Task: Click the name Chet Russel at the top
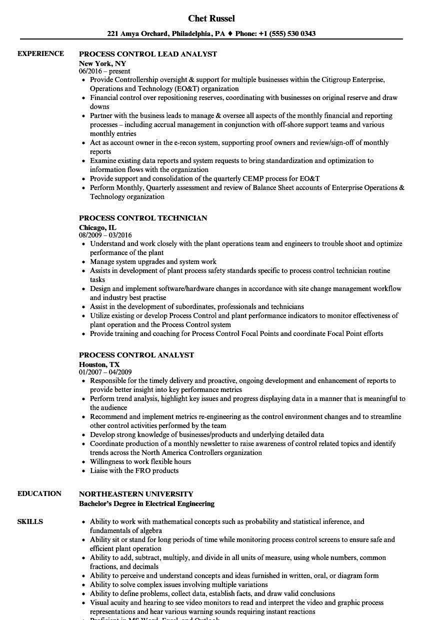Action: (211, 18)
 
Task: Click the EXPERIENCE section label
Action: (40, 53)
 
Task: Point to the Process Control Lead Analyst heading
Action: (148, 53)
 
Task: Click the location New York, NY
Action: (102, 63)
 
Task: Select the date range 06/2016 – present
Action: (104, 71)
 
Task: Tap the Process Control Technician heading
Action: (143, 218)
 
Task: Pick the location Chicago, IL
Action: (97, 227)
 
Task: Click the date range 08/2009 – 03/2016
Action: (105, 235)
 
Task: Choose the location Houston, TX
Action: (99, 364)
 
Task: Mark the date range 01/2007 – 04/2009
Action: (105, 372)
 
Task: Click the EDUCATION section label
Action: (39, 493)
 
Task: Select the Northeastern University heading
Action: (136, 494)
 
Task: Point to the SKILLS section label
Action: (30, 521)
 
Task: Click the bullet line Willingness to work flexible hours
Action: (140, 461)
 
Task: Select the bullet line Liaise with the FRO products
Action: (134, 470)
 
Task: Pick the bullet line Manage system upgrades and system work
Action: (153, 261)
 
